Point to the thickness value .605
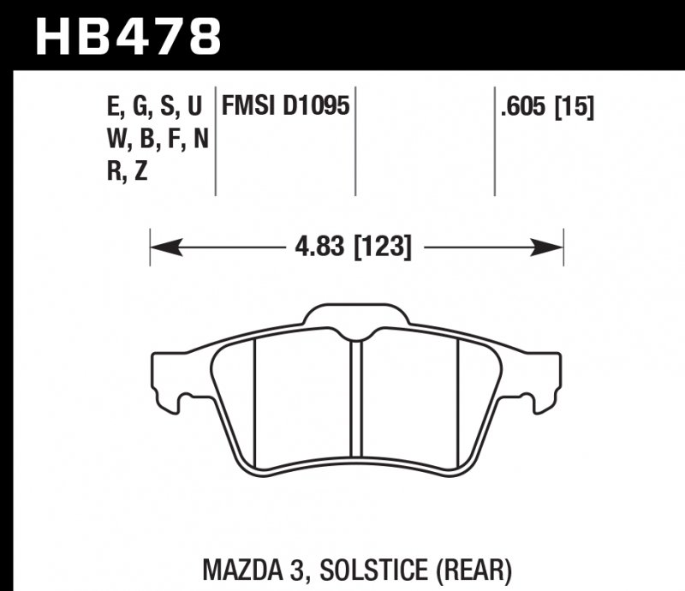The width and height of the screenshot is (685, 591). pos(523,107)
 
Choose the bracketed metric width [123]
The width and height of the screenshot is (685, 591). pos(382,248)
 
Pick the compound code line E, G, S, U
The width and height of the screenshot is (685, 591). pos(155,107)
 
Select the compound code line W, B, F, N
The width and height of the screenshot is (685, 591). pos(155,139)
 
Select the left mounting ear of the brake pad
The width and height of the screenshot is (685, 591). pos(171,377)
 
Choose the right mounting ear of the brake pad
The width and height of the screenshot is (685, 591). pos(544,377)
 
